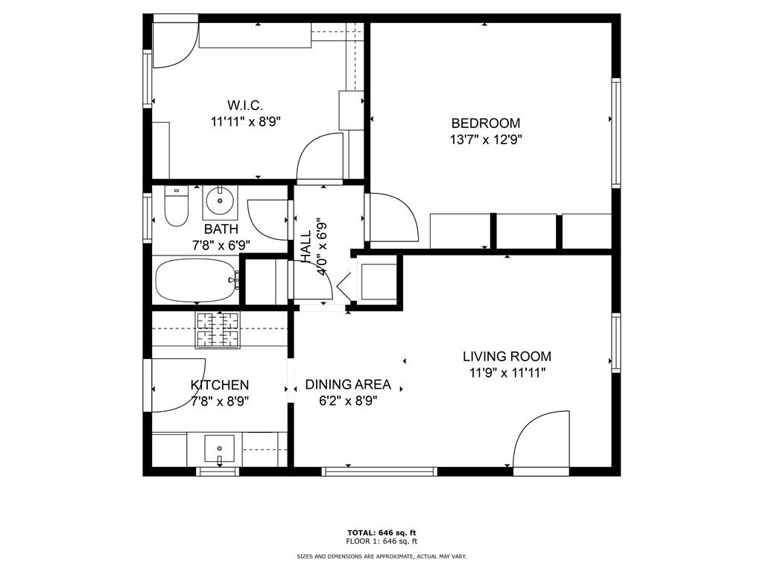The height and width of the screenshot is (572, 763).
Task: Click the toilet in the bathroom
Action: click(x=176, y=206)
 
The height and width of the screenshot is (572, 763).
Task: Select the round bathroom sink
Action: click(x=220, y=200)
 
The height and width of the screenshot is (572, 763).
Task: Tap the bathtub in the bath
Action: click(x=197, y=280)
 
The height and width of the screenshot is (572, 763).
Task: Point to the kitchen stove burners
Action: click(x=218, y=330)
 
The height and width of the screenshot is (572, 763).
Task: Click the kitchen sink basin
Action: click(x=220, y=448)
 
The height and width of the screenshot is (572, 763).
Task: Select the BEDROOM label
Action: click(x=486, y=123)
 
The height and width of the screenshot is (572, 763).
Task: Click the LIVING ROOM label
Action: click(x=507, y=357)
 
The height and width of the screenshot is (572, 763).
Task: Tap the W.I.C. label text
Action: click(x=245, y=105)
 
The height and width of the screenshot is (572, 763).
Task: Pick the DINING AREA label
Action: click(x=348, y=385)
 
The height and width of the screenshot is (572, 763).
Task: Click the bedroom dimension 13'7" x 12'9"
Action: click(x=486, y=140)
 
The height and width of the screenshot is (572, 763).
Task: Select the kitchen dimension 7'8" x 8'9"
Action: click(x=220, y=401)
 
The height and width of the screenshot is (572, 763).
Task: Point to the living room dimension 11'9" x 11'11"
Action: click(x=507, y=373)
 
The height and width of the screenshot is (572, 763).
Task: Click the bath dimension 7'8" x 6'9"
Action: click(x=221, y=245)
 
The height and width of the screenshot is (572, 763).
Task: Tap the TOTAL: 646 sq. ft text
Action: click(x=381, y=533)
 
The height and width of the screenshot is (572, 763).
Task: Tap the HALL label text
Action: click(x=305, y=247)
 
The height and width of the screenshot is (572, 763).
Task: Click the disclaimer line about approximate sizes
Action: click(x=381, y=556)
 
